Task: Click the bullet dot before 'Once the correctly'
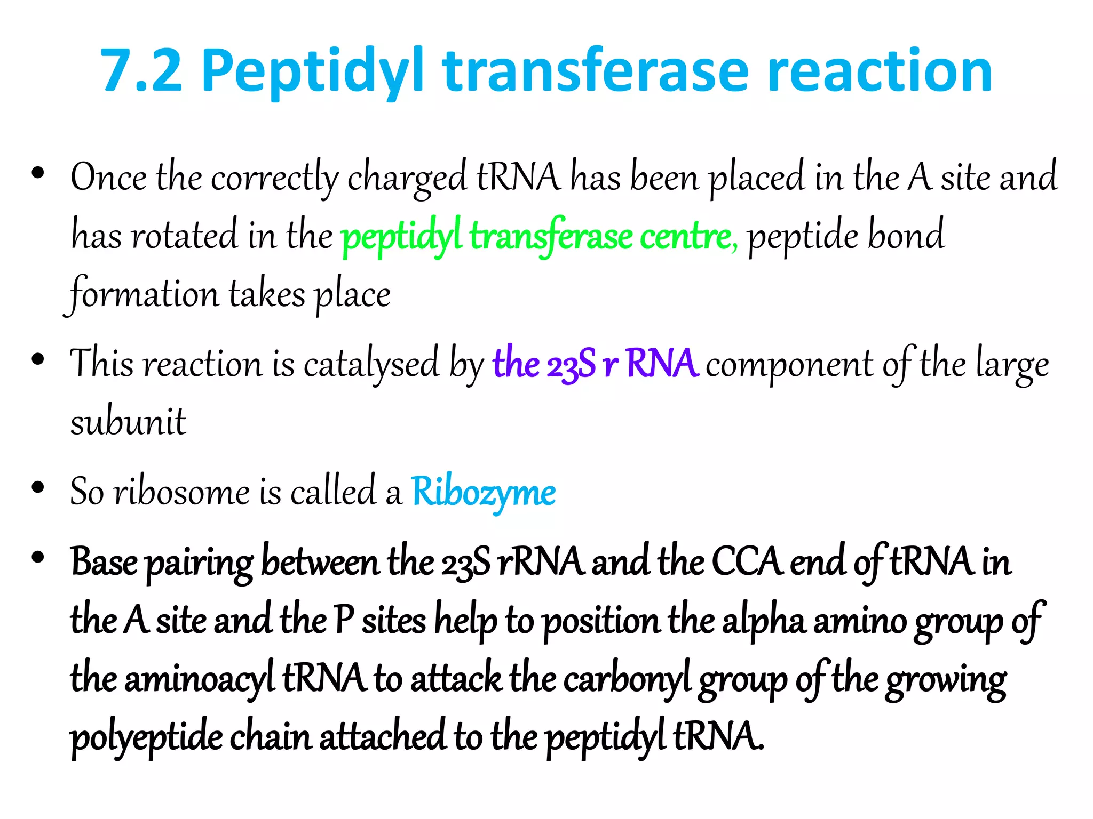click(38, 173)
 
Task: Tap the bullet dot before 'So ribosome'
click(38, 487)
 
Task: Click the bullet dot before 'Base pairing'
click(38, 558)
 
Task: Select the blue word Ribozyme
click(483, 492)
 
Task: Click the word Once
click(108, 177)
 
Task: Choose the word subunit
click(128, 423)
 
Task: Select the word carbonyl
click(627, 680)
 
